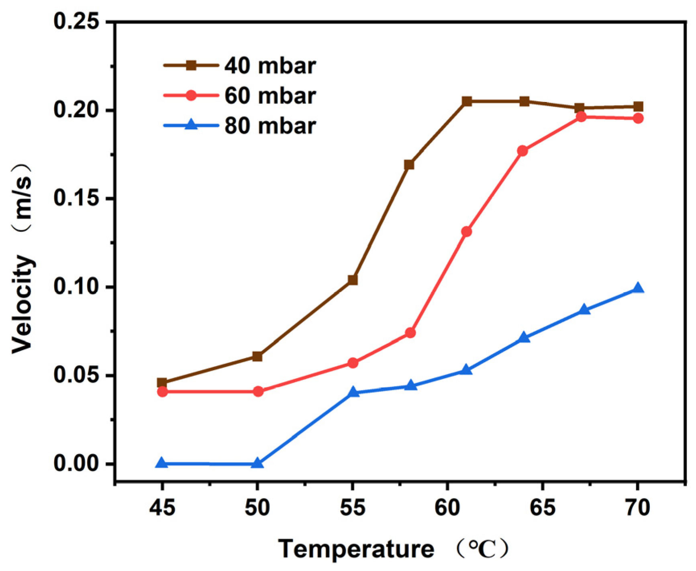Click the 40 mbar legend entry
tap(240, 65)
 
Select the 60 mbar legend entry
tap(240, 96)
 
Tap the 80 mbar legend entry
tap(240, 126)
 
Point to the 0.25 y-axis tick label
tap(76, 21)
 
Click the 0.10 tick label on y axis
tap(76, 287)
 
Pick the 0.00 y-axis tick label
tap(76, 463)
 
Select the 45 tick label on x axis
tap(162, 508)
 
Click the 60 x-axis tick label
tap(447, 508)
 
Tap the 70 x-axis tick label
tap(637, 508)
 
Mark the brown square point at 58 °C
tap(409, 165)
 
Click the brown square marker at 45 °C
tap(162, 383)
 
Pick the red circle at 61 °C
tap(466, 232)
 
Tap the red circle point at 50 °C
tap(258, 391)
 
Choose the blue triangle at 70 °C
tap(638, 288)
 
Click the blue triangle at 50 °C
tap(257, 463)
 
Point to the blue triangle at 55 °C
tap(353, 392)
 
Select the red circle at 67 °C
tap(581, 117)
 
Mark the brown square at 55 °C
tap(353, 280)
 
